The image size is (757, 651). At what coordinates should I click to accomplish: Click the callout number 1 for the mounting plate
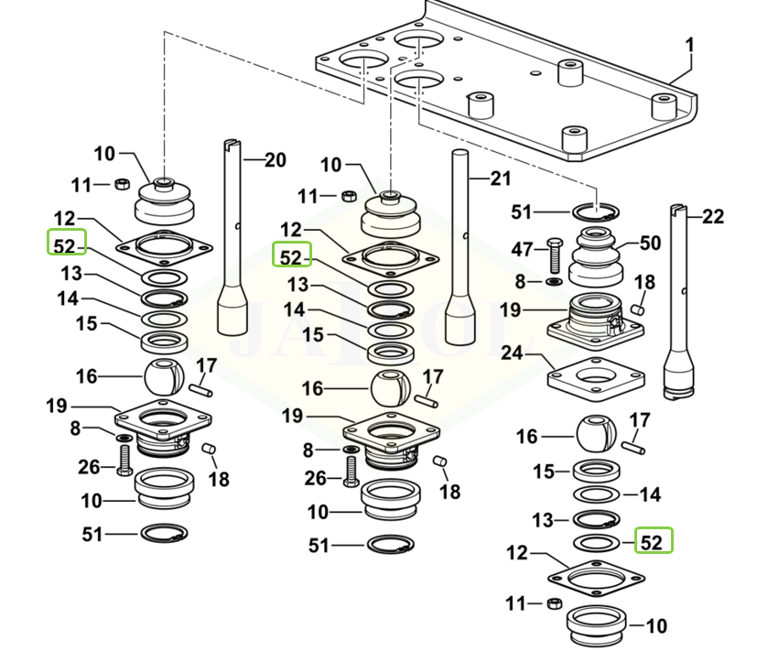tap(690, 45)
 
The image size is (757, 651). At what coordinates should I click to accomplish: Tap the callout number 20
tap(275, 161)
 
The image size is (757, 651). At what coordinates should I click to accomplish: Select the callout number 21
tap(500, 179)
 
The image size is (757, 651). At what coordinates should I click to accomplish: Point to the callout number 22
tap(713, 217)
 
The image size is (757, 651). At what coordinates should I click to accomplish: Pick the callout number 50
tap(649, 244)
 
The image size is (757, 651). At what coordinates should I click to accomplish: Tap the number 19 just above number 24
tap(512, 309)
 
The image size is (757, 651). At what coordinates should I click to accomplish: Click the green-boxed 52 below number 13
tap(651, 542)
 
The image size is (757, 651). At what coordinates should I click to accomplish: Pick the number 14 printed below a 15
tap(649, 494)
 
